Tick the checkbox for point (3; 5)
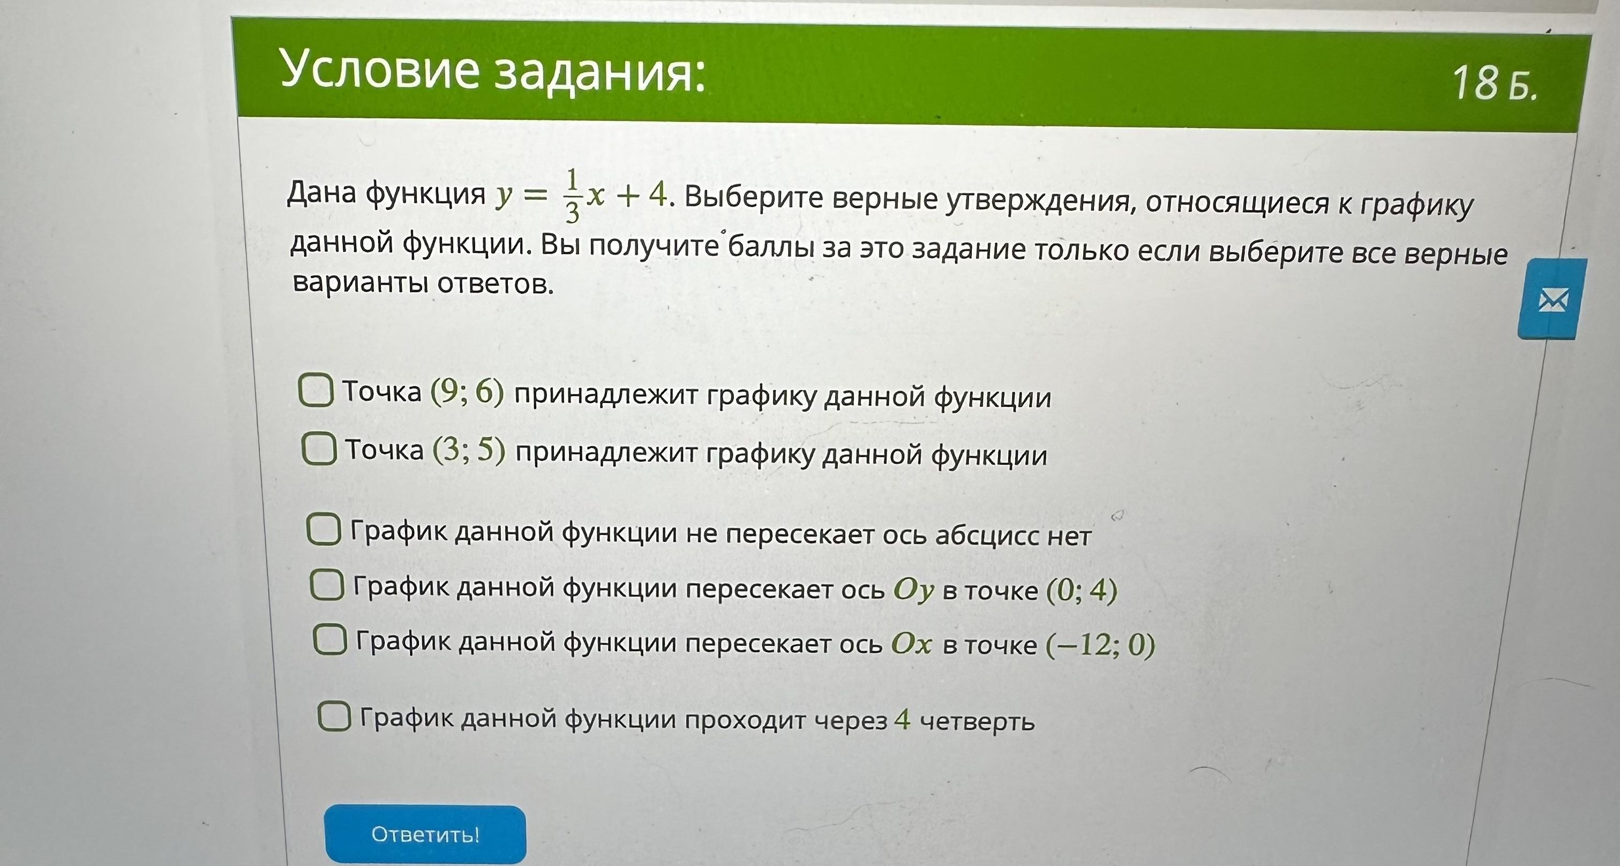319,449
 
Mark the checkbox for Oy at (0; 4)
327,586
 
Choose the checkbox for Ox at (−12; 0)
330,640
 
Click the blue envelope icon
1552,300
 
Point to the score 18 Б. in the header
1494,83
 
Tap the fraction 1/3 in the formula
572,196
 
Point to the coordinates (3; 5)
469,450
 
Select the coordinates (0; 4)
1082,591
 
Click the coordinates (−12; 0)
1100,645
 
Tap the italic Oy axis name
913,590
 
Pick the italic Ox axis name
911,644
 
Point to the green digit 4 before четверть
903,718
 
